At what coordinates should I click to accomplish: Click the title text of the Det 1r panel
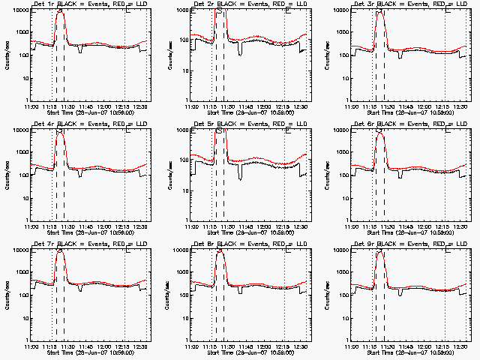click(88, 4)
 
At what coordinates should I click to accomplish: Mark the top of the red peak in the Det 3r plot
click(379, 12)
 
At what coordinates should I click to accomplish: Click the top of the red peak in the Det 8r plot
click(220, 252)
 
